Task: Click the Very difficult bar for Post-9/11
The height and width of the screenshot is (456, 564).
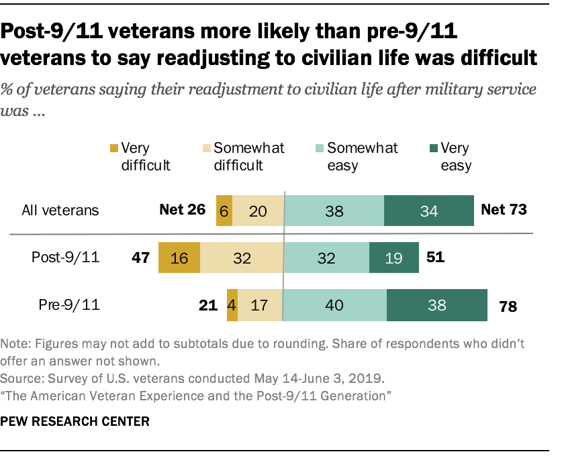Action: [179, 258]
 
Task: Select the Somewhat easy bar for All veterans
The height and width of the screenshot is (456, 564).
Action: [334, 211]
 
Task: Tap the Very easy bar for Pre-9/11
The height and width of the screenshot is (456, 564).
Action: [436, 305]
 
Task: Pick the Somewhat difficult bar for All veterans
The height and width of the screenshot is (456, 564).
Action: [258, 211]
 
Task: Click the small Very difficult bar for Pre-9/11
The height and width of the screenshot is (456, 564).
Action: [232, 305]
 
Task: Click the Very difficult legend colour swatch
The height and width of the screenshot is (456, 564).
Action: [115, 148]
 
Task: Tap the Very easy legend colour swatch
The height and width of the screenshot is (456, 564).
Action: [433, 148]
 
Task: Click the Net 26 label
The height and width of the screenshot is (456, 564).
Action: [182, 210]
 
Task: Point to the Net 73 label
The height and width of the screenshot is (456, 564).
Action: [504, 210]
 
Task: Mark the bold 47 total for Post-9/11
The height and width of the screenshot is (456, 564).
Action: [140, 258]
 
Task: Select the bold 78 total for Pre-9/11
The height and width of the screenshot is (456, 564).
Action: [508, 306]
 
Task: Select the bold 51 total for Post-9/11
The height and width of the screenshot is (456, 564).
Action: [433, 258]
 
